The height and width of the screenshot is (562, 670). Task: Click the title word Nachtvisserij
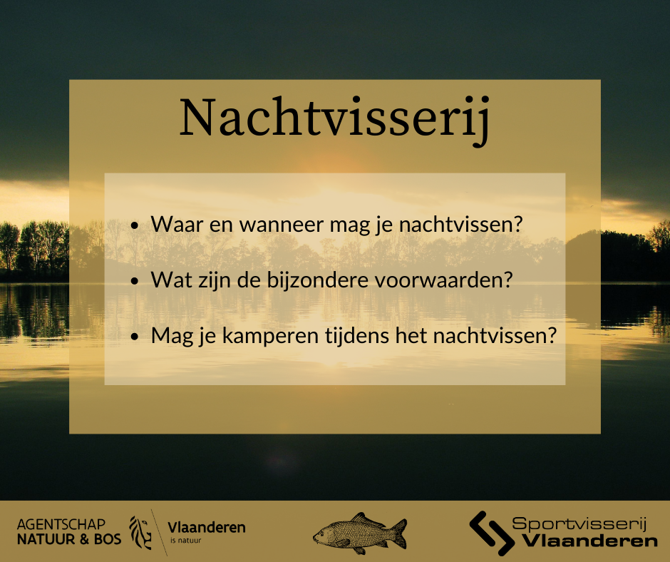(334, 118)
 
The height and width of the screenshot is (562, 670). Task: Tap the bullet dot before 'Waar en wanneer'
(135, 226)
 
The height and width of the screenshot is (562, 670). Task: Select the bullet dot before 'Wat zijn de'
(135, 281)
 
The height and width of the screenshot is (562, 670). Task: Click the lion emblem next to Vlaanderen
(140, 532)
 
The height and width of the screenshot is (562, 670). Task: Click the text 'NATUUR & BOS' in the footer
(69, 539)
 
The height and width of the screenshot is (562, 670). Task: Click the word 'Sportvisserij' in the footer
(579, 524)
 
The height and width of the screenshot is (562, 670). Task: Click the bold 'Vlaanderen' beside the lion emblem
(206, 528)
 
